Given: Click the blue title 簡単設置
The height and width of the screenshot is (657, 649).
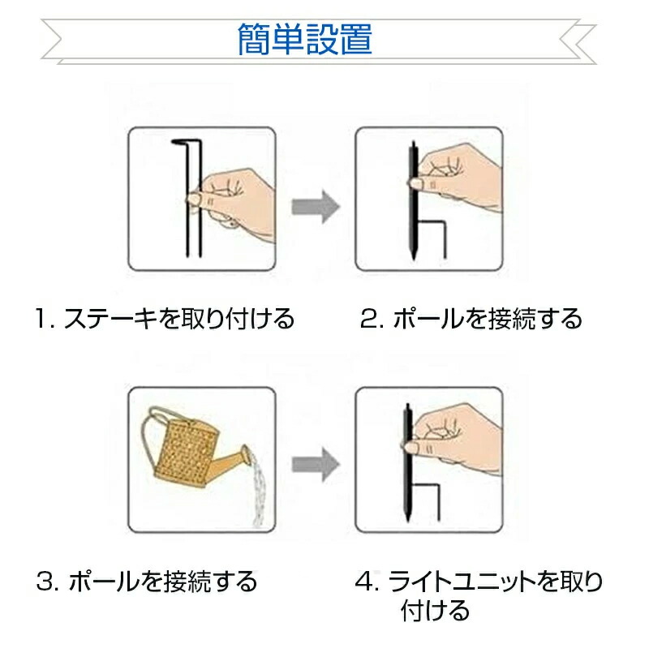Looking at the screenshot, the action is [304, 39].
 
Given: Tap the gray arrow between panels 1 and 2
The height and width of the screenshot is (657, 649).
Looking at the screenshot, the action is [316, 207].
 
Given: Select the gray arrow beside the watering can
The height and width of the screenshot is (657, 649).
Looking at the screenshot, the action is [316, 464].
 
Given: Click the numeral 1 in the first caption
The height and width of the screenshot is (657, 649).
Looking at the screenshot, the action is [41, 319].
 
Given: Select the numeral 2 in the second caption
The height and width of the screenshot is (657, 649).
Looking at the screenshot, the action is [368, 319].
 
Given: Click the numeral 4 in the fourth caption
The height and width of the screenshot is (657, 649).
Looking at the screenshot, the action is [364, 582].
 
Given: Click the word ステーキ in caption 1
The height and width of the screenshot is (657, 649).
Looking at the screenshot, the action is [110, 319].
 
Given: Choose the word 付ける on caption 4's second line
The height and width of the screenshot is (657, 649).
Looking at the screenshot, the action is [435, 610].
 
